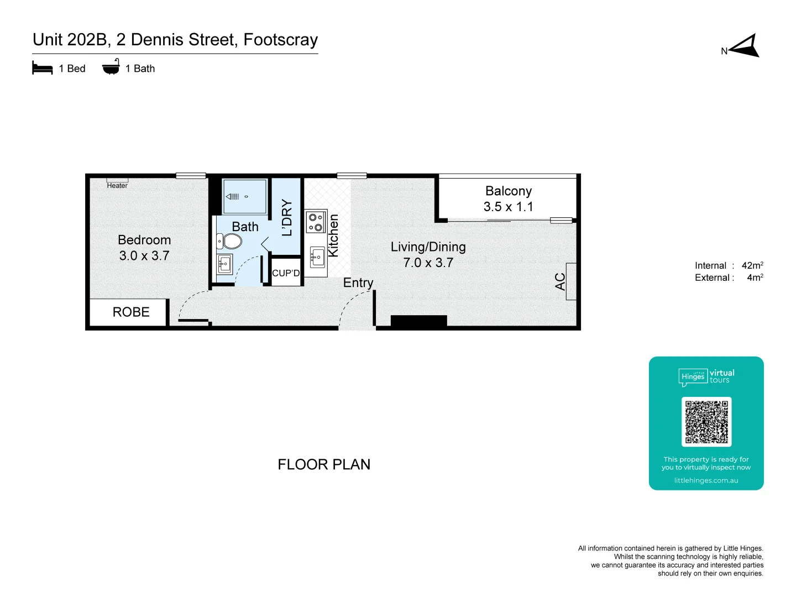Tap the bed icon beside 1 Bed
point(43,69)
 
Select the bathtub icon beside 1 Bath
point(111,67)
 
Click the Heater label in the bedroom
point(117,186)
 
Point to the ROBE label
point(131,312)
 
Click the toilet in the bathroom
point(231,242)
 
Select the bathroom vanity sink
point(224,264)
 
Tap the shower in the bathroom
point(244,196)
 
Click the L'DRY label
point(286,218)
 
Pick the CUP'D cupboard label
point(286,273)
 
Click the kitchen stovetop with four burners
point(316,222)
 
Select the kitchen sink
point(317,258)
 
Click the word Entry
point(358,283)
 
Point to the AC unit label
point(560,281)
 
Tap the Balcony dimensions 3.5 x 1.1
point(508,207)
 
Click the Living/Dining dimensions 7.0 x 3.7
point(428,263)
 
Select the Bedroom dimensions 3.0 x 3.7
point(144,256)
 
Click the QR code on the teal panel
point(706,422)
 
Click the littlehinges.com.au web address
point(706,480)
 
